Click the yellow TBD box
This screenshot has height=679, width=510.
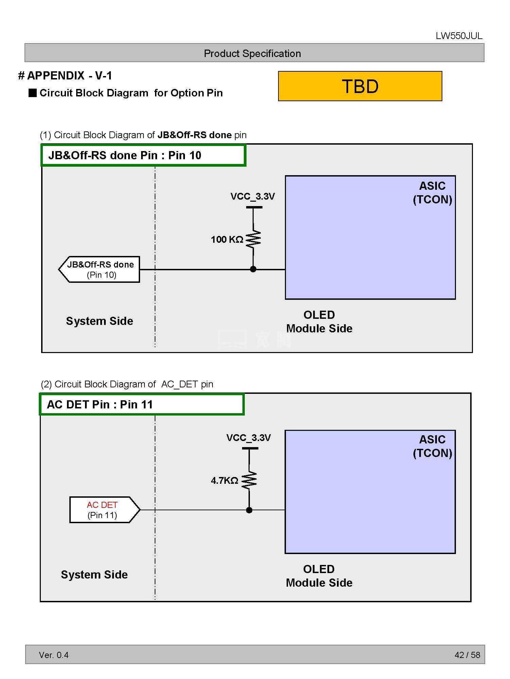[360, 86]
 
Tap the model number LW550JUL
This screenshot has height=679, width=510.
[459, 36]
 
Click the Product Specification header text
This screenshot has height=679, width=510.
[252, 54]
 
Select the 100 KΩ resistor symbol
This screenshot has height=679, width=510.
[253, 239]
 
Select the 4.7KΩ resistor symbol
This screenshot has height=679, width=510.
[249, 480]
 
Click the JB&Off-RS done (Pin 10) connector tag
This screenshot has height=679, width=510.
[100, 270]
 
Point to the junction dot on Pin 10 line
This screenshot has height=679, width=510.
[253, 269]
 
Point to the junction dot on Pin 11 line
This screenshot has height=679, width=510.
[249, 510]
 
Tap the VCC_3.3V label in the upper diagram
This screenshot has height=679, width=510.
[252, 197]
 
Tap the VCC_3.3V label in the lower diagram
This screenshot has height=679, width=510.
[249, 438]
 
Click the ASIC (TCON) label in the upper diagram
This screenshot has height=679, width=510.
[432, 192]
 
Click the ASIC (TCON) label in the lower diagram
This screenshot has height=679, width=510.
[432, 446]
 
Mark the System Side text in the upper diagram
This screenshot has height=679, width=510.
[100, 321]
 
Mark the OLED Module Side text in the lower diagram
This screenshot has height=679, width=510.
[319, 576]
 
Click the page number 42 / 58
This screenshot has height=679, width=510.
[467, 655]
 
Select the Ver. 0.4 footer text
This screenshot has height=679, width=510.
[54, 655]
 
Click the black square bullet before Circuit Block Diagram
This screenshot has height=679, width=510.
[33, 93]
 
